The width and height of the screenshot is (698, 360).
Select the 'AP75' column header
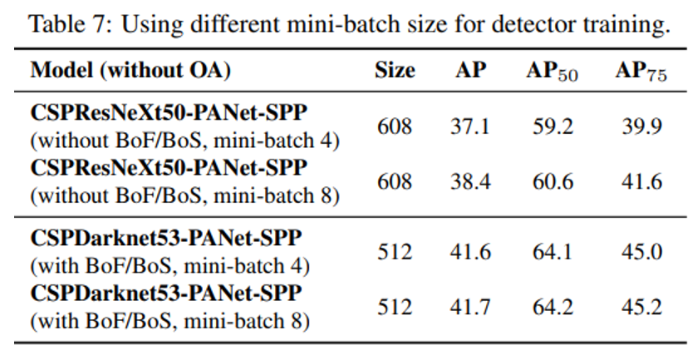point(641,72)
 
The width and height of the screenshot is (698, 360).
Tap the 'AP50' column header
point(553,72)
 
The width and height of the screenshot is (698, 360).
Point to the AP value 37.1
point(471,126)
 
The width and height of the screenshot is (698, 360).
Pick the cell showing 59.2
point(553,126)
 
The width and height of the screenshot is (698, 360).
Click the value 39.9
point(641,126)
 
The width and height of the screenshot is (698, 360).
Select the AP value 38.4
point(471,181)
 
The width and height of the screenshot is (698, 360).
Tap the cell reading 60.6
point(553,181)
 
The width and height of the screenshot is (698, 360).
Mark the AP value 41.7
point(471,307)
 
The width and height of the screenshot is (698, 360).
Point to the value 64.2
point(553,307)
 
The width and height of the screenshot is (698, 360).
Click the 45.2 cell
point(641,307)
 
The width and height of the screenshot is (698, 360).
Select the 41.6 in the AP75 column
point(641,181)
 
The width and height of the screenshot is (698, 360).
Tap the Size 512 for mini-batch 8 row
point(395,307)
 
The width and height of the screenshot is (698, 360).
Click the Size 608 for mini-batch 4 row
point(395,126)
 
